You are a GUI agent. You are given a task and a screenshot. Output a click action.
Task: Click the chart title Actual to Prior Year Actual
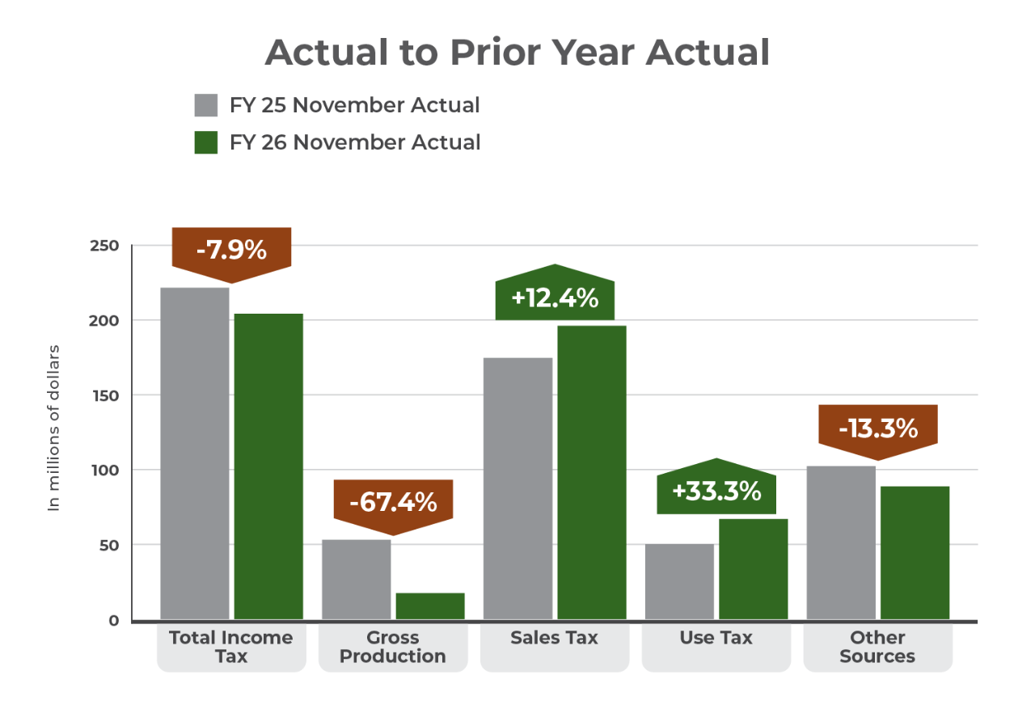(517, 53)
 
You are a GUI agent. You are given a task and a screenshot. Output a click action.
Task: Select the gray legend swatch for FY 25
(206, 106)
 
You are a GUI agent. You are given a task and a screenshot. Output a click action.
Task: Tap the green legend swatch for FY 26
(206, 142)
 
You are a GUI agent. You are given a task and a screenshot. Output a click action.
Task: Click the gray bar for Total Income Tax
(195, 453)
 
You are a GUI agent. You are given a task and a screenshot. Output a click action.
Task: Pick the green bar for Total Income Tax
(268, 466)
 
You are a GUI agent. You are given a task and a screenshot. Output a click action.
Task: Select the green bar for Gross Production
(430, 606)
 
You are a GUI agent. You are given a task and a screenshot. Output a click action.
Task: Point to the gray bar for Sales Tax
(517, 488)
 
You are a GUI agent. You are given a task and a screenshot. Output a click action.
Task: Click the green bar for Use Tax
(753, 569)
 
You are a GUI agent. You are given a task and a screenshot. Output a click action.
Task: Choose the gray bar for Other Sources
(840, 542)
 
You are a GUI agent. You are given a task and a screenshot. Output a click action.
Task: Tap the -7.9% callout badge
(231, 251)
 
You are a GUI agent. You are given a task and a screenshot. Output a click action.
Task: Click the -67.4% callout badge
(393, 502)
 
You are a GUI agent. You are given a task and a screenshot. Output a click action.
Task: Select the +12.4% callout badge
(555, 298)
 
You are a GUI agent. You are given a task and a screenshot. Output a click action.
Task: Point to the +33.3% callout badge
(716, 491)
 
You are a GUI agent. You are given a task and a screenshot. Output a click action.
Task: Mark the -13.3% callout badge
(878, 428)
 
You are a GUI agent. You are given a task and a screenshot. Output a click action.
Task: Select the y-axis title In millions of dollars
(54, 428)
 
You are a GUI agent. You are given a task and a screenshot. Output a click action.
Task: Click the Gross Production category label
(393, 647)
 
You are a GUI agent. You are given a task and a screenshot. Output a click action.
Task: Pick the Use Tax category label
(716, 638)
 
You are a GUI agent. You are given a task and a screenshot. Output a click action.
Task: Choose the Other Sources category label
(877, 647)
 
